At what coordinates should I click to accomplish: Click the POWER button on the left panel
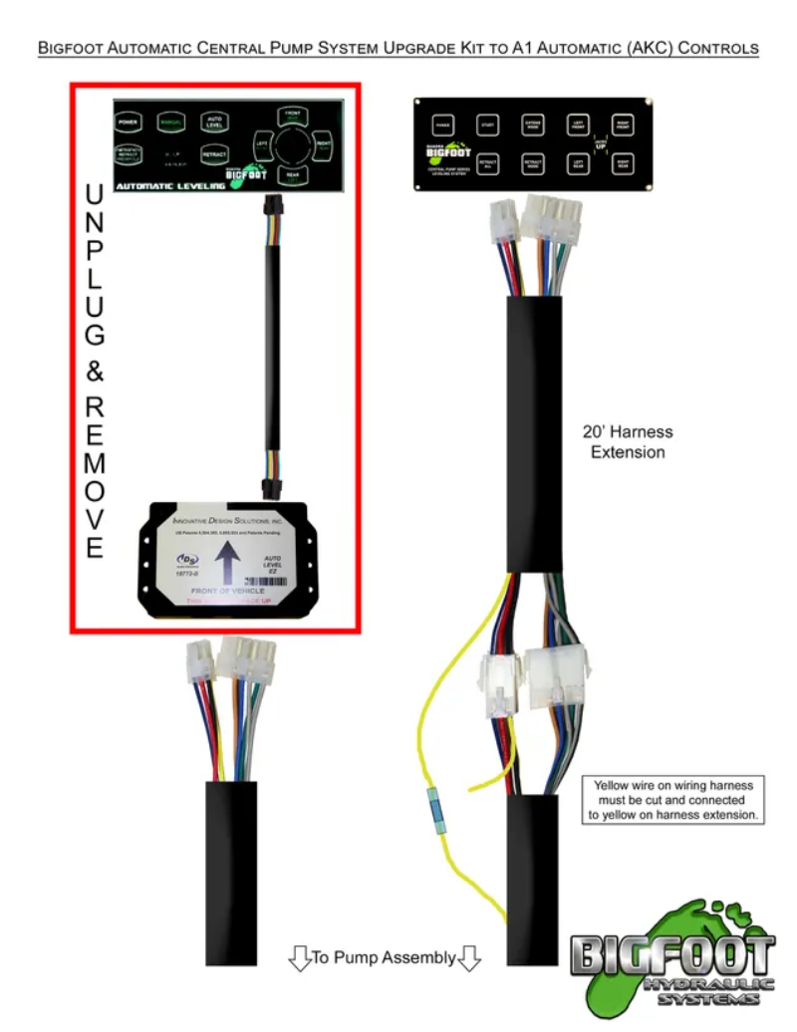[127, 123]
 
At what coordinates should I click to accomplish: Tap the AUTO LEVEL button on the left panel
[213, 122]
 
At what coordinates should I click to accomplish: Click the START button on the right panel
[487, 126]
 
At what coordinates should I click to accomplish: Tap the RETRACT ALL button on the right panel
[487, 163]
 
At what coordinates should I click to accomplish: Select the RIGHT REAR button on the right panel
[623, 163]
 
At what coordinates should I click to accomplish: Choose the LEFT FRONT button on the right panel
[578, 126]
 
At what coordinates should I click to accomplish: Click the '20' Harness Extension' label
[628, 442]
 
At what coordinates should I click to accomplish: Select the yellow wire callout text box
[674, 800]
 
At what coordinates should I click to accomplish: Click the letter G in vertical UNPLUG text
[95, 335]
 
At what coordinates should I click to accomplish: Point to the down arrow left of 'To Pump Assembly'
[299, 959]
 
